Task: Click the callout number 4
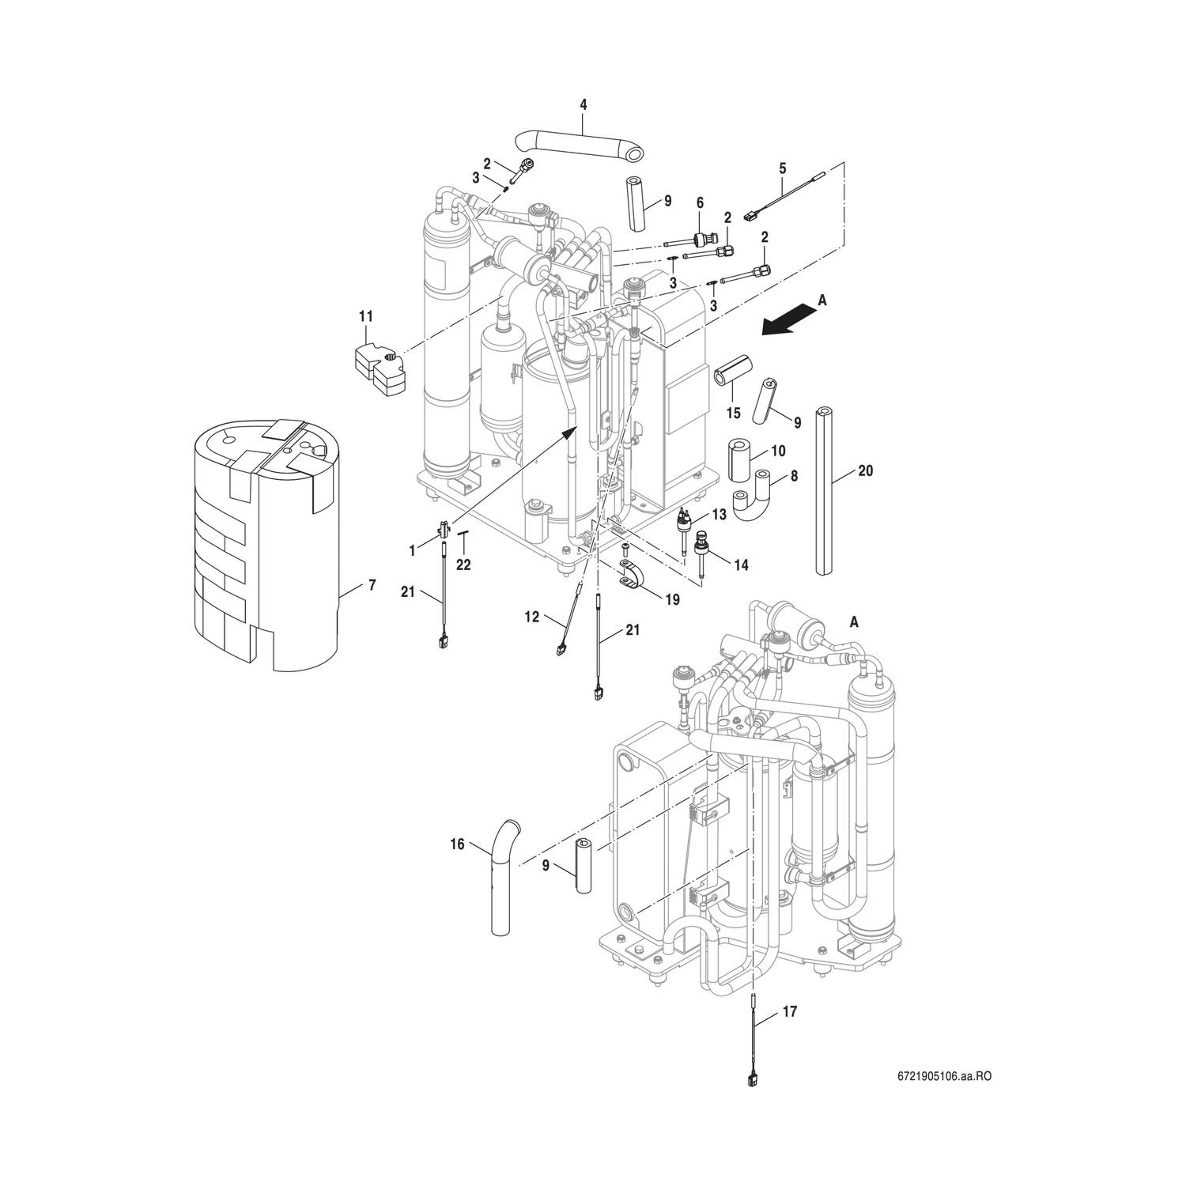pyautogui.click(x=583, y=104)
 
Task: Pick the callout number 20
pyautogui.click(x=866, y=470)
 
